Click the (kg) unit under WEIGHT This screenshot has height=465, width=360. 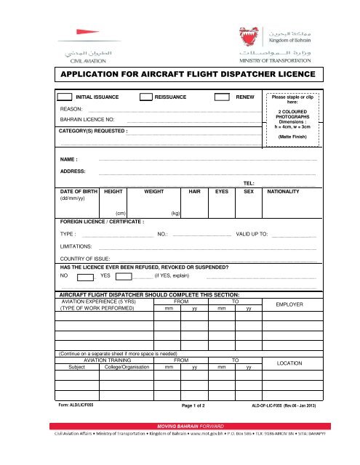(x=175, y=214)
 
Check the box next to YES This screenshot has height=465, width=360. (x=124, y=276)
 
